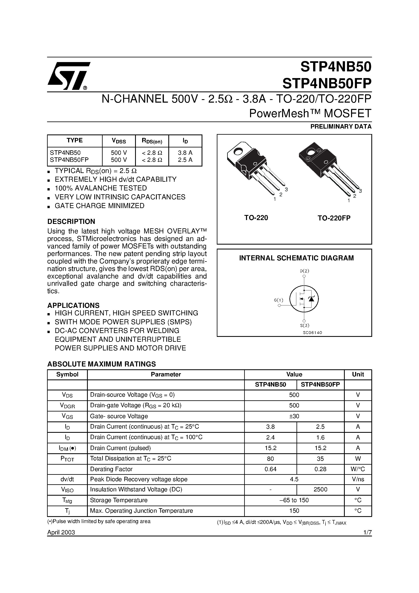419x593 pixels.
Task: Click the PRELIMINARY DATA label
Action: tap(341, 127)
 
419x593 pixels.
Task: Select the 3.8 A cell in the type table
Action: tap(185, 153)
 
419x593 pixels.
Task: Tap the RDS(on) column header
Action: tap(152, 141)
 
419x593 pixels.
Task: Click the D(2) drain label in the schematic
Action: tap(304, 271)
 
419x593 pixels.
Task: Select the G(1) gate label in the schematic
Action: tap(278, 300)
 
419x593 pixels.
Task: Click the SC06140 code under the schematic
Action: tap(312, 333)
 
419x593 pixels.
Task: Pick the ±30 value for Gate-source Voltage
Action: tap(294, 416)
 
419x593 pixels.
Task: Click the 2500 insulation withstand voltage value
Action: tap(320, 489)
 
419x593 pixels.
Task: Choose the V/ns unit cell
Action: tap(358, 479)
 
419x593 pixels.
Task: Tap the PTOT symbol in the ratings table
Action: tap(67, 459)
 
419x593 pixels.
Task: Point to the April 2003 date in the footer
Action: tap(61, 533)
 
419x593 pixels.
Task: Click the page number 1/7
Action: tap(367, 533)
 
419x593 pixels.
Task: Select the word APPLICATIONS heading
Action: tap(73, 305)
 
